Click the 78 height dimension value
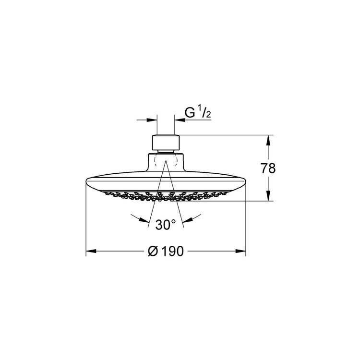pyautogui.click(x=268, y=168)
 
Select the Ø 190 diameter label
pyautogui.click(x=166, y=251)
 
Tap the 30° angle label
pyautogui.click(x=166, y=225)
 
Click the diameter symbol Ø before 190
pyautogui.click(x=153, y=251)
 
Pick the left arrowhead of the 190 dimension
pyautogui.click(x=91, y=251)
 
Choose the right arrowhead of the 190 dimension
pyautogui.click(x=240, y=251)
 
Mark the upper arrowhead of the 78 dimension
pyautogui.click(x=268, y=140)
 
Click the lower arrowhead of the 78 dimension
pyautogui.click(x=268, y=196)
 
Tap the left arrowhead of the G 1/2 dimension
pyautogui.click(x=152, y=120)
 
